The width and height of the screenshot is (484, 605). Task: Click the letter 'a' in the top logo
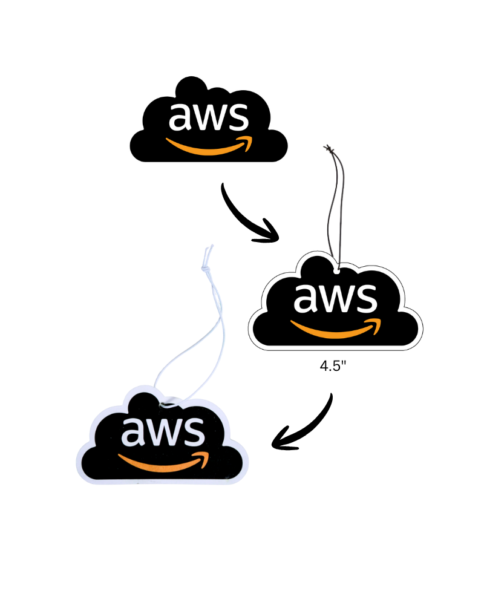[x=180, y=119]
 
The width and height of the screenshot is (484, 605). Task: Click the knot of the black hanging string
[x=329, y=148]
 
